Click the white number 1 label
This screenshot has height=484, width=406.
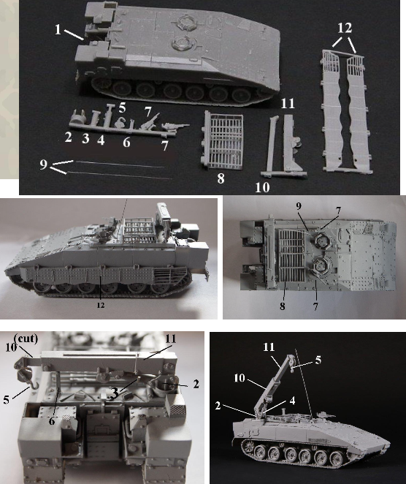coord(58,30)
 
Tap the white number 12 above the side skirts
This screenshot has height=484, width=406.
coord(345,28)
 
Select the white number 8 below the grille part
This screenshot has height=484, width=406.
coord(221,178)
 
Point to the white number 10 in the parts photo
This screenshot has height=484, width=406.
coord(262,187)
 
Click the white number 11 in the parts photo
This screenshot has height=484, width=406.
coord(288,103)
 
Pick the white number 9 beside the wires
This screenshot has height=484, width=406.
coord(44,165)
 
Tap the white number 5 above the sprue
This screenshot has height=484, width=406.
coord(122,107)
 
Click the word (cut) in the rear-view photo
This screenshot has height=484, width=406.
coord(26,339)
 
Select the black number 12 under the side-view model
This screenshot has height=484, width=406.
coord(101,305)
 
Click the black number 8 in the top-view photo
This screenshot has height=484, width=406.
coord(283,306)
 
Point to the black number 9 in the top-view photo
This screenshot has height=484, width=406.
coord(299,206)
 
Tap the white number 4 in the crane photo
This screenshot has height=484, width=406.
coord(292,401)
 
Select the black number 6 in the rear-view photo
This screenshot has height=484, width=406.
coord(52,420)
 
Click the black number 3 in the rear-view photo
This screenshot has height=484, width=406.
coord(115,393)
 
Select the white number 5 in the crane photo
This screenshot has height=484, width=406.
coord(318,360)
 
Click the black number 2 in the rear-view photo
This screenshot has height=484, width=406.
coord(196,385)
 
